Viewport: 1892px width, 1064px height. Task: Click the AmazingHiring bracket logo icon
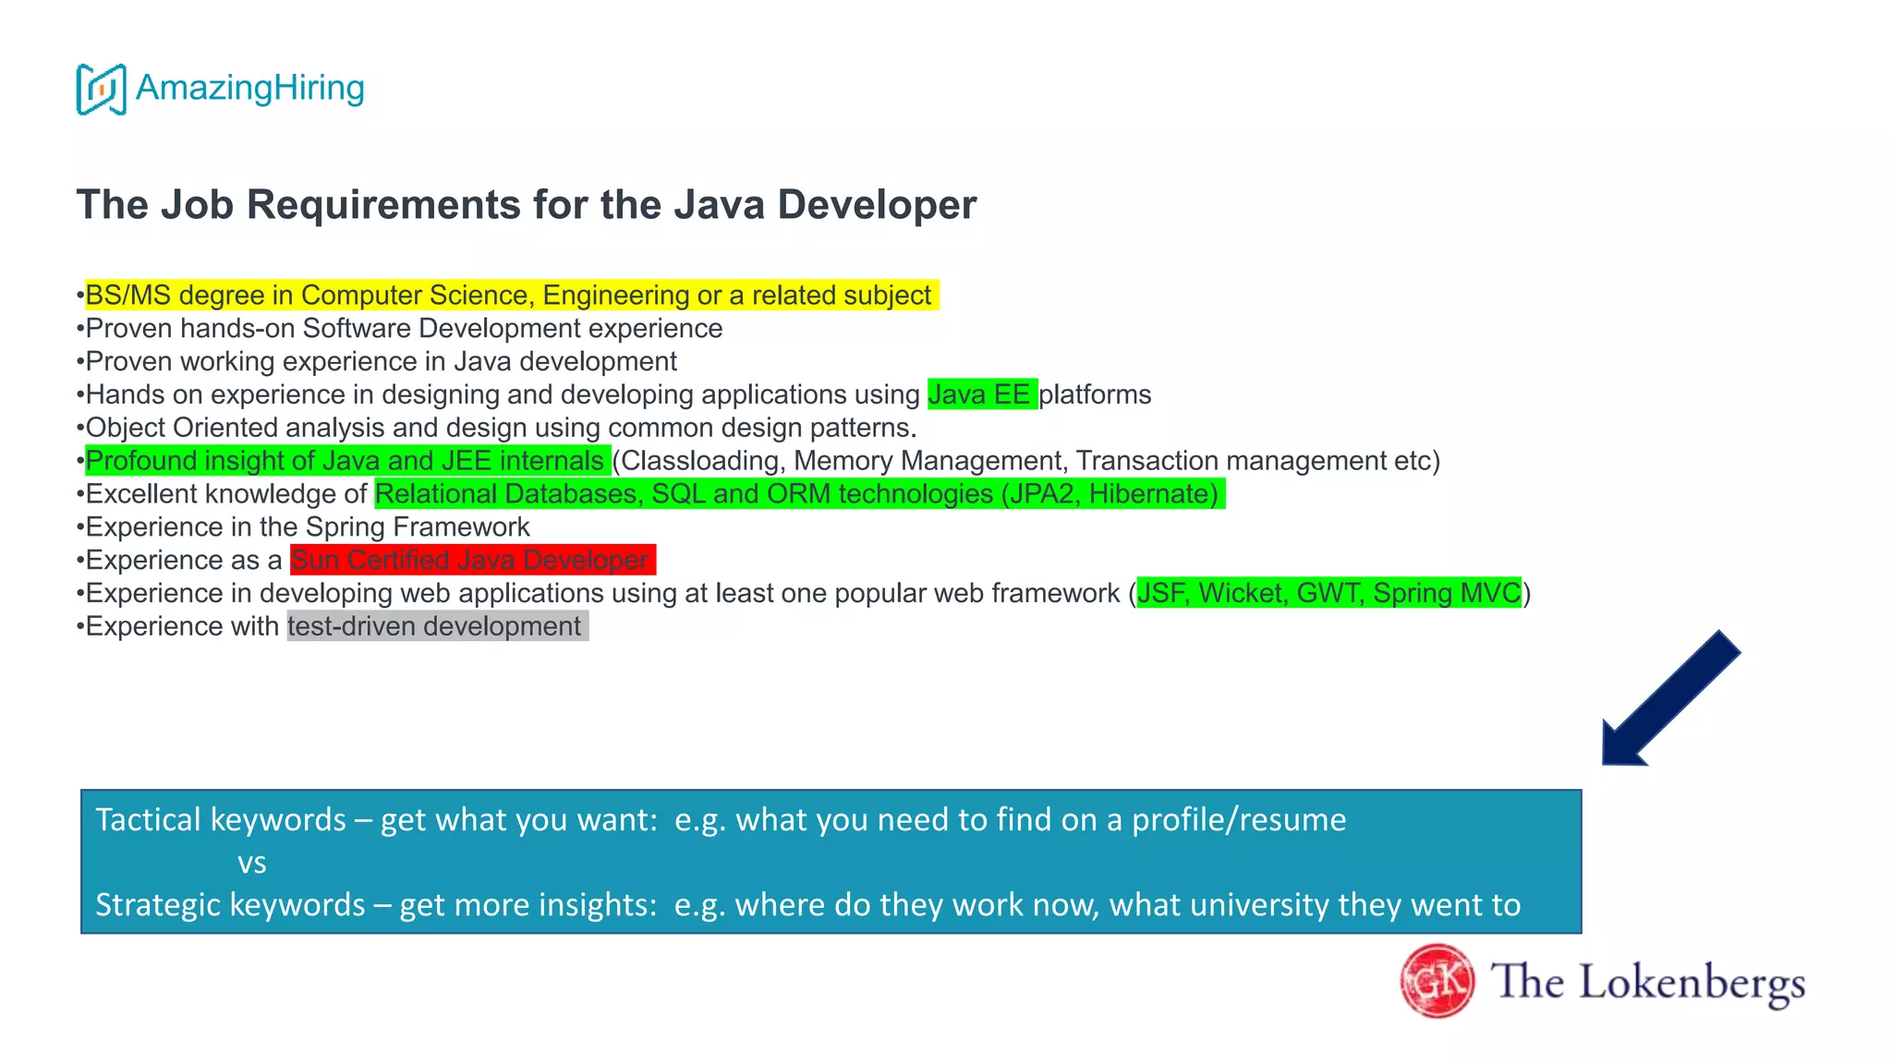(x=101, y=90)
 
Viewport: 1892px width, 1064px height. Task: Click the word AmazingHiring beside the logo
(x=249, y=88)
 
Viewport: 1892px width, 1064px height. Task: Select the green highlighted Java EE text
(x=980, y=394)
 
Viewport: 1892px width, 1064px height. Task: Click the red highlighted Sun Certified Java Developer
(x=471, y=560)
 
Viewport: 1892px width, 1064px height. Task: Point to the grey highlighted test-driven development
(x=435, y=626)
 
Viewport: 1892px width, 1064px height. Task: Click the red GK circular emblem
(x=1437, y=981)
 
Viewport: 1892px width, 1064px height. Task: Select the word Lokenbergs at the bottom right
(x=1692, y=983)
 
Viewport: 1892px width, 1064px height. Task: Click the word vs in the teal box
(x=251, y=863)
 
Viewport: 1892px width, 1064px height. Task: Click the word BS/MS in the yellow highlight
(x=127, y=296)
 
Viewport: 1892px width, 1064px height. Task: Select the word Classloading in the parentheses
(x=701, y=461)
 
